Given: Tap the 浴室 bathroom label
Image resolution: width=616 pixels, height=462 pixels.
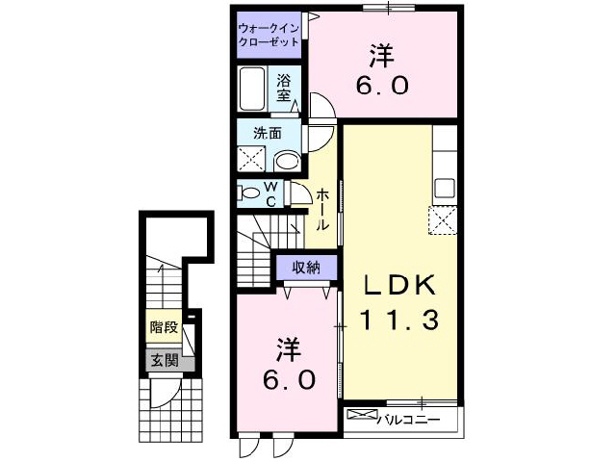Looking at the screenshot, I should click(x=285, y=88).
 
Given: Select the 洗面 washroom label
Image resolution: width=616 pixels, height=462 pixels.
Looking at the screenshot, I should click(x=268, y=133).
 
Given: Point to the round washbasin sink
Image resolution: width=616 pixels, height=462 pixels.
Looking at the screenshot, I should click(x=286, y=160).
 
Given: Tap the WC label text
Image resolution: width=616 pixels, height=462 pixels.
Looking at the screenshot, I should click(x=271, y=193).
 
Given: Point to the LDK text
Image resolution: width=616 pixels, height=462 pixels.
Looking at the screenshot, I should click(x=399, y=285).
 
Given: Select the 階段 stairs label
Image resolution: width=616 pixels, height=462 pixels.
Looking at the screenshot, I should click(x=163, y=327).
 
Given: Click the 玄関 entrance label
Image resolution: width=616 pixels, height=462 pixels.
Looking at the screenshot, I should click(x=163, y=361).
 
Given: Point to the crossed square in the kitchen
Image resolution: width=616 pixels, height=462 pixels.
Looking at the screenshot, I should click(x=444, y=220).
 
